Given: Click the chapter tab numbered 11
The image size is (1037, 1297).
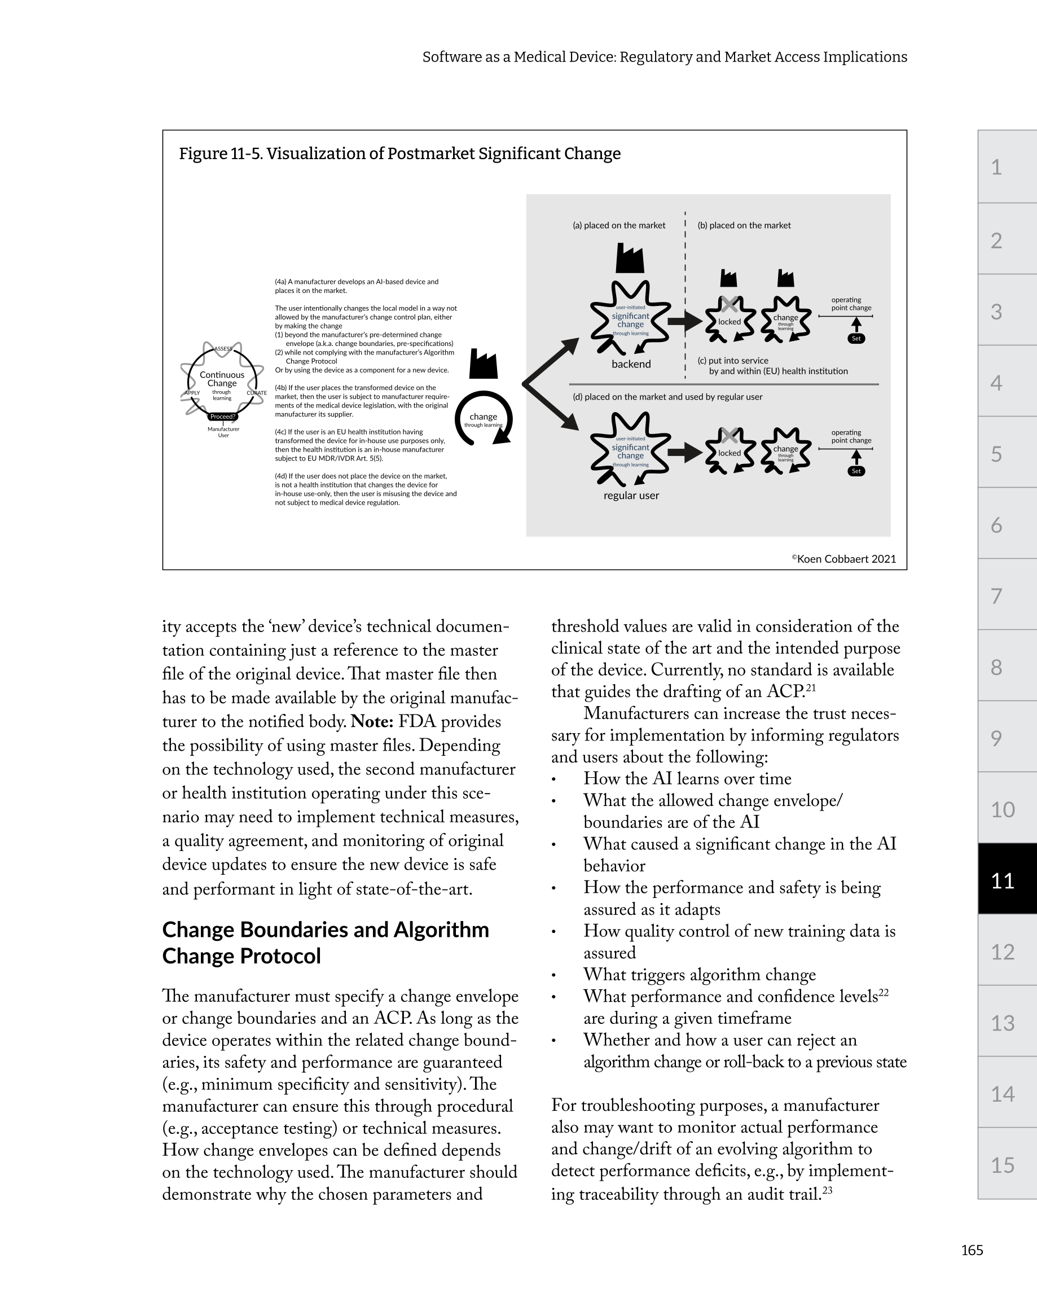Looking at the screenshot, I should click(1003, 880).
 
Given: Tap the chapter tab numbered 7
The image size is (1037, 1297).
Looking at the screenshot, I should click(997, 596).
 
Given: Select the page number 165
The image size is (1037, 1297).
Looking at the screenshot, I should click(972, 1250).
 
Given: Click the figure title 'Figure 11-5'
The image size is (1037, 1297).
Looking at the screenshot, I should click(399, 154).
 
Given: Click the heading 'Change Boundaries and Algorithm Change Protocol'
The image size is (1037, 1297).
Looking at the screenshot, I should click(326, 943).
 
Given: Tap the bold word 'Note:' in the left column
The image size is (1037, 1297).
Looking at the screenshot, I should click(372, 722).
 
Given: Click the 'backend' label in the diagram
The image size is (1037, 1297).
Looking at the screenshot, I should click(631, 364).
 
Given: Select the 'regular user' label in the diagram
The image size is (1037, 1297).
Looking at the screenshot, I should click(631, 496).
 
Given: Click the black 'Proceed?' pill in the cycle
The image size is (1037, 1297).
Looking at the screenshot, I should click(222, 417).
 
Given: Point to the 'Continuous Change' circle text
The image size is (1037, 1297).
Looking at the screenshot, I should click(222, 379).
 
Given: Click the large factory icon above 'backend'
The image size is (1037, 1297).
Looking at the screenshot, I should click(630, 258).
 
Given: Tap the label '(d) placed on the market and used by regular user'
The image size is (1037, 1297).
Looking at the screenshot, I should click(667, 397).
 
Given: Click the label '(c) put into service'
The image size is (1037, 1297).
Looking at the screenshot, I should click(733, 361).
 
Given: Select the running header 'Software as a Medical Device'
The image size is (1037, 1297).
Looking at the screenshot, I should click(664, 57).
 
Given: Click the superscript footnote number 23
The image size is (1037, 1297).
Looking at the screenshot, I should click(827, 1190).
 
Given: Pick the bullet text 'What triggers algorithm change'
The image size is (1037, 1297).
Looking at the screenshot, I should click(699, 975).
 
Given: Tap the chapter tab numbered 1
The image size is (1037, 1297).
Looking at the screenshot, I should click(997, 167).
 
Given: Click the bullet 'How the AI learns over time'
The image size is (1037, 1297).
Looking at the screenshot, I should click(687, 779).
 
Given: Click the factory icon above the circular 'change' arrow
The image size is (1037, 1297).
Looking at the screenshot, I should click(483, 364).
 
